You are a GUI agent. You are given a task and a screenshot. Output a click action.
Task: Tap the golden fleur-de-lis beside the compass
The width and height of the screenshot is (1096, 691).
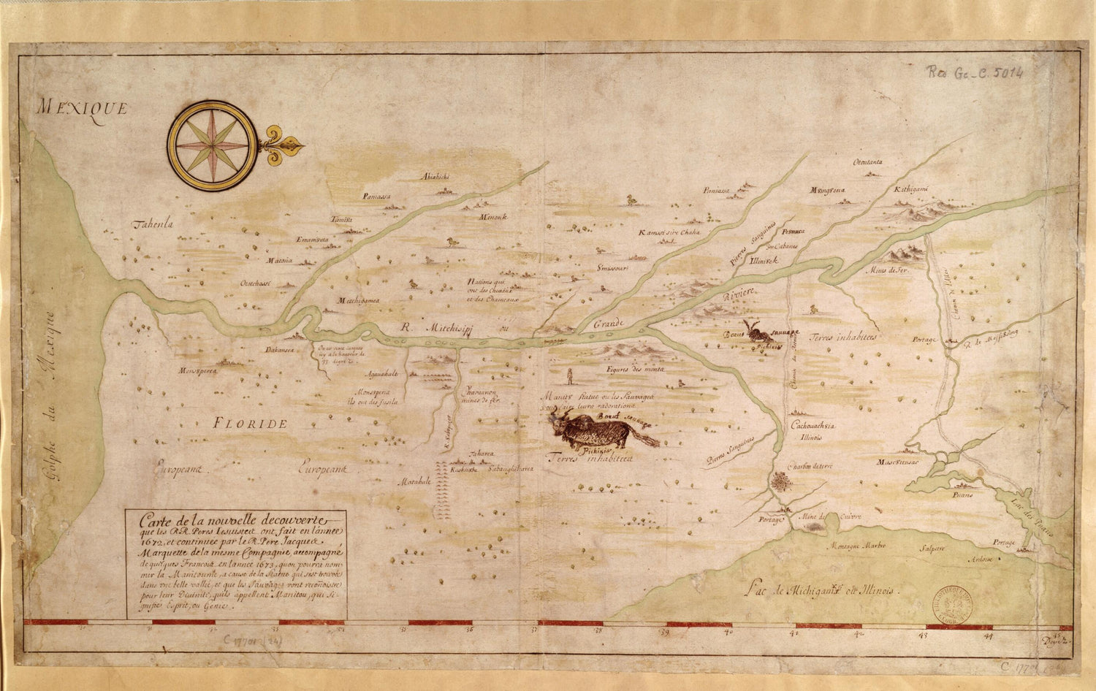[x=281, y=147]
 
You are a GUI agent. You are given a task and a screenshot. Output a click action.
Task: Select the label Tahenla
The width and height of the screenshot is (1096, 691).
[x=151, y=225]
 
